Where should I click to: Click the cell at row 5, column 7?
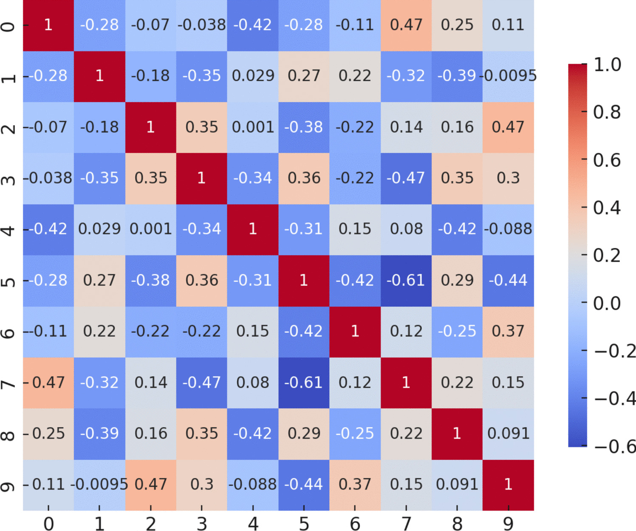pyautogui.click(x=406, y=281)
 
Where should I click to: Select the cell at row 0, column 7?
pyautogui.click(x=406, y=25)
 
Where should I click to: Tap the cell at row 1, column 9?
pyautogui.click(x=508, y=76)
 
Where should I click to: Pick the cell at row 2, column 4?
pyautogui.click(x=253, y=127)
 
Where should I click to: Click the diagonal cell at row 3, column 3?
pyautogui.click(x=201, y=178)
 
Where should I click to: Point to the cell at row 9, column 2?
pyautogui.click(x=150, y=485)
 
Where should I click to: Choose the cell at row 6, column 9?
pyautogui.click(x=508, y=332)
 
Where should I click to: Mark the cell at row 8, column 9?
pyautogui.click(x=508, y=434)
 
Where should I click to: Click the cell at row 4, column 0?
pyautogui.click(x=48, y=229)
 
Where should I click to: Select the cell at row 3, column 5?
pyautogui.click(x=304, y=178)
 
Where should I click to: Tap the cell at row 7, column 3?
pyautogui.click(x=201, y=382)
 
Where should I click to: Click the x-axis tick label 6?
pyautogui.click(x=355, y=524)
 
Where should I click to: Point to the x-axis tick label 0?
pyautogui.click(x=48, y=524)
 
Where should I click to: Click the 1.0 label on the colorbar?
pyautogui.click(x=607, y=65)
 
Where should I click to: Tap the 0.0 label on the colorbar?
pyautogui.click(x=607, y=303)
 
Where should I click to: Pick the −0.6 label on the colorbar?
pyautogui.click(x=615, y=447)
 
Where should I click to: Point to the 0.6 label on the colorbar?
pyautogui.click(x=607, y=160)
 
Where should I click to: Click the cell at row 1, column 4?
pyautogui.click(x=253, y=76)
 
